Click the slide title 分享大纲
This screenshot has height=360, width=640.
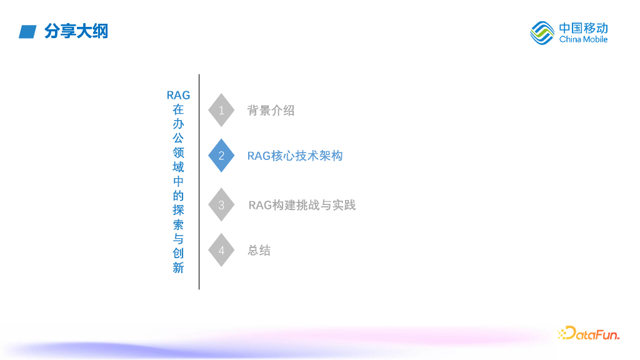tap(76, 31)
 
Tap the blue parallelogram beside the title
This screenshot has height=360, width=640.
tap(27, 31)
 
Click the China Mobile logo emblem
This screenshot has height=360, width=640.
tap(542, 32)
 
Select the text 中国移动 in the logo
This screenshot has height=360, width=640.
tap(583, 27)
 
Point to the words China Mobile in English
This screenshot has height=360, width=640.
tap(583, 39)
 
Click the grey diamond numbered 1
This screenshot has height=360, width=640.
tap(221, 111)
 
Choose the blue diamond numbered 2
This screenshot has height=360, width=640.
tap(221, 156)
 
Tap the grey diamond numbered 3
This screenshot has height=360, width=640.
tap(221, 205)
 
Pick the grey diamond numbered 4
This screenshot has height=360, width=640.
tap(221, 250)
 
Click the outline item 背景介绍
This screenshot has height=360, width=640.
tap(271, 111)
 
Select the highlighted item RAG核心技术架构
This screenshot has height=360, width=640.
tap(295, 156)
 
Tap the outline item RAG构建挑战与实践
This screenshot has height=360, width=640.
tap(302, 205)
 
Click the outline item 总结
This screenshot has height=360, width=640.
tap(259, 251)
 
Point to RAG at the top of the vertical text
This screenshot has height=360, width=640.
tap(178, 95)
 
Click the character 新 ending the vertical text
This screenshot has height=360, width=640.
tap(178, 268)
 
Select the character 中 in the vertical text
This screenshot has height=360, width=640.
tap(178, 182)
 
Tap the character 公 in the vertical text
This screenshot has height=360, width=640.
tap(178, 138)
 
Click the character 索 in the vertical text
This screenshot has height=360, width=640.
tap(178, 225)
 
